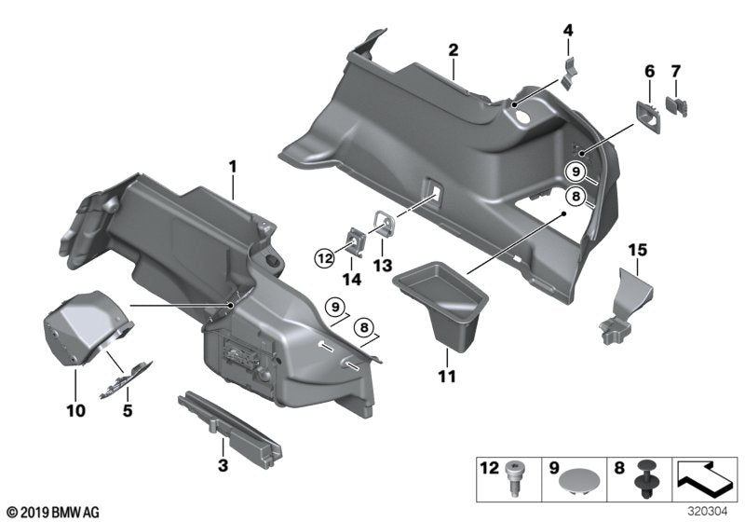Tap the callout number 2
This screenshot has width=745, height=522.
pos(453,49)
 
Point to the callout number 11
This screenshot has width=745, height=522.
pos(448,378)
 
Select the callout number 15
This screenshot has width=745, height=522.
pos(636,250)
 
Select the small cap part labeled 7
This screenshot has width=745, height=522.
pos(677,108)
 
